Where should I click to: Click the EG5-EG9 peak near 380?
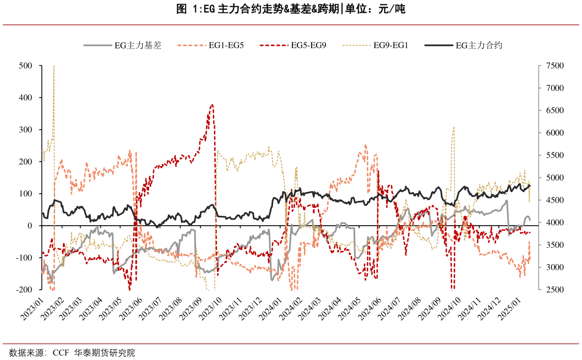(x=212, y=105)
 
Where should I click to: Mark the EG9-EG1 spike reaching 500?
(x=53, y=67)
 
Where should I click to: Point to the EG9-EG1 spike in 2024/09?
(x=454, y=127)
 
